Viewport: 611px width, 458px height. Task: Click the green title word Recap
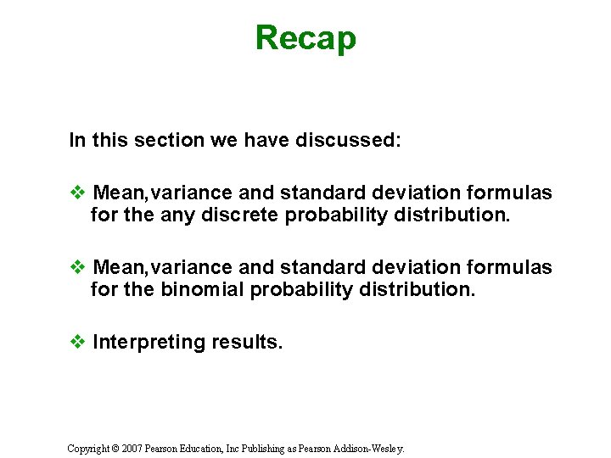click(305, 38)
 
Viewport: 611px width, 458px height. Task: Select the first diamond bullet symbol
click(76, 193)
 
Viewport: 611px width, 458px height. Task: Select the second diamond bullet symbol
click(76, 268)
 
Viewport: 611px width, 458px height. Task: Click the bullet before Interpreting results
click(76, 343)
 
